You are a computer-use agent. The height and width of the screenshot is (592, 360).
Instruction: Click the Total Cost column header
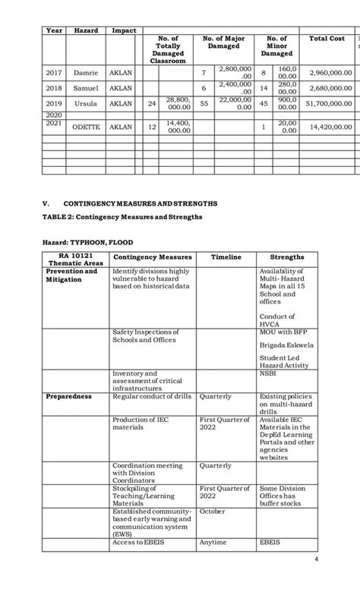point(327,39)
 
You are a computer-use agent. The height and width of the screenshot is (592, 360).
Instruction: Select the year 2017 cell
point(53,73)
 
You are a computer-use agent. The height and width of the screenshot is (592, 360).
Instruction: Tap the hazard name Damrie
point(85,73)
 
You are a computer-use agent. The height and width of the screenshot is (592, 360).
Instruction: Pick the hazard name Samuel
point(85,88)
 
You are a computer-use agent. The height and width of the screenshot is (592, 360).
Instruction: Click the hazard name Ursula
point(85,103)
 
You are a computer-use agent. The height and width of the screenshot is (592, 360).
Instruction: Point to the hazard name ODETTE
point(85,128)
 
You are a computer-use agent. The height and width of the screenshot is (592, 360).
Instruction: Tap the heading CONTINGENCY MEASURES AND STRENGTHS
point(141,203)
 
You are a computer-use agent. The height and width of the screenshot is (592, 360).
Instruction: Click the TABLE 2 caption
point(122,216)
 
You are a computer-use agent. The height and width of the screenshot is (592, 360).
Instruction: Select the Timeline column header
point(226,257)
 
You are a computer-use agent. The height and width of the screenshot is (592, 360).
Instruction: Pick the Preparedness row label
point(68,396)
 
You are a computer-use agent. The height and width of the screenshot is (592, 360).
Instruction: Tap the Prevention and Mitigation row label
point(71,276)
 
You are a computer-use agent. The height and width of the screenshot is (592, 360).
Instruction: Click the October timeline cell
point(213,512)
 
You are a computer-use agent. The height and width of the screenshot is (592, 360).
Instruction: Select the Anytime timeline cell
point(213,542)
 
